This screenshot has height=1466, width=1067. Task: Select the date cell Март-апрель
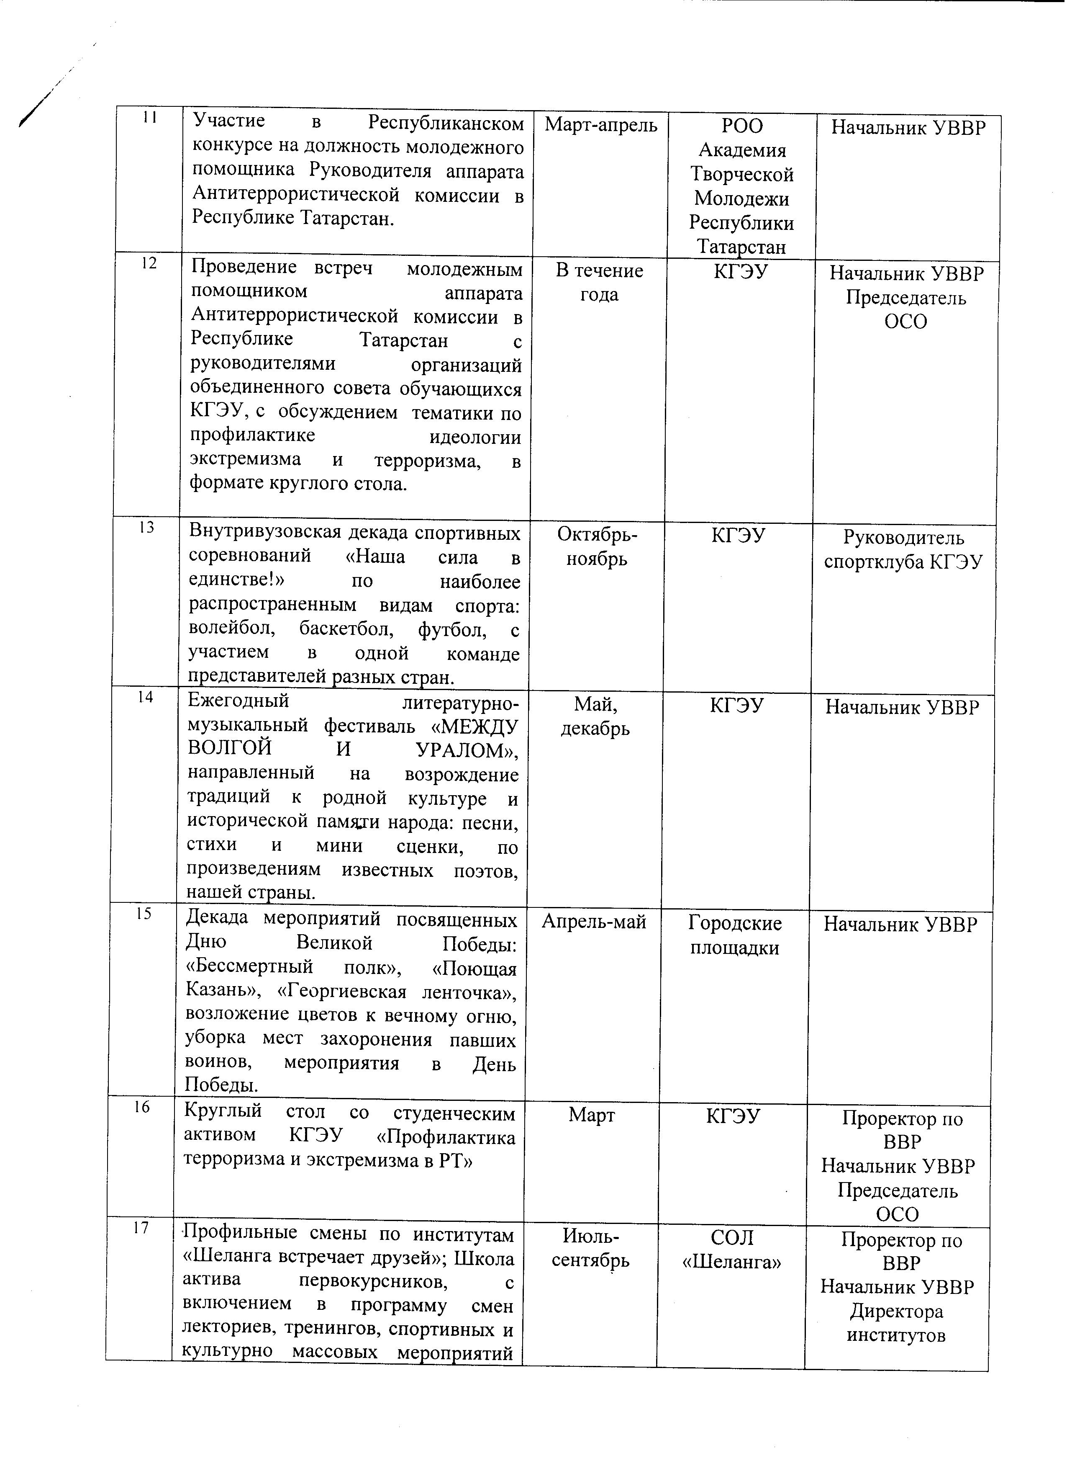[601, 125]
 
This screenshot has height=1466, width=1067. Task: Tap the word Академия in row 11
[742, 151]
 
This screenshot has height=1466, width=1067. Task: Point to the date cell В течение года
[599, 283]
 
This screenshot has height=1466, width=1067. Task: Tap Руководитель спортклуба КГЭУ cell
[903, 550]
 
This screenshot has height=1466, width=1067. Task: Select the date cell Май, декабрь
[595, 716]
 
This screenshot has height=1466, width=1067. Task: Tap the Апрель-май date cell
[594, 922]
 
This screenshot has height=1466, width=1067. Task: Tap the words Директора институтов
[896, 1322]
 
